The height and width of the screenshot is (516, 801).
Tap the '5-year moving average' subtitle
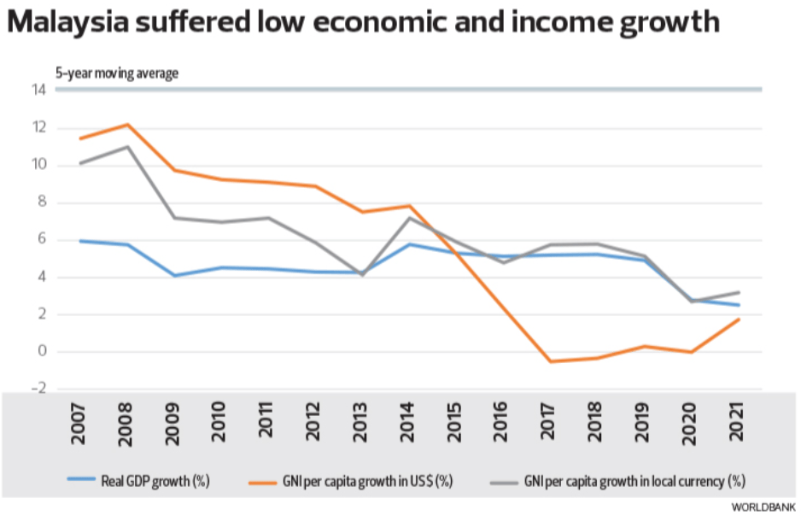pos(117,73)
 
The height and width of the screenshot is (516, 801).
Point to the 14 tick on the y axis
pos(38,91)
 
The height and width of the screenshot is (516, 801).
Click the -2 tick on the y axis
pos(37,390)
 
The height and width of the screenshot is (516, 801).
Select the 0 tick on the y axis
pos(40,352)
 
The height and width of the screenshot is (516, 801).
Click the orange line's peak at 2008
pos(127,125)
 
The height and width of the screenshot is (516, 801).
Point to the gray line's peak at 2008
pos(127,146)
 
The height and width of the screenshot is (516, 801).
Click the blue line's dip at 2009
pos(174,275)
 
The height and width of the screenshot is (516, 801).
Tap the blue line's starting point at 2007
pos(80,241)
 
